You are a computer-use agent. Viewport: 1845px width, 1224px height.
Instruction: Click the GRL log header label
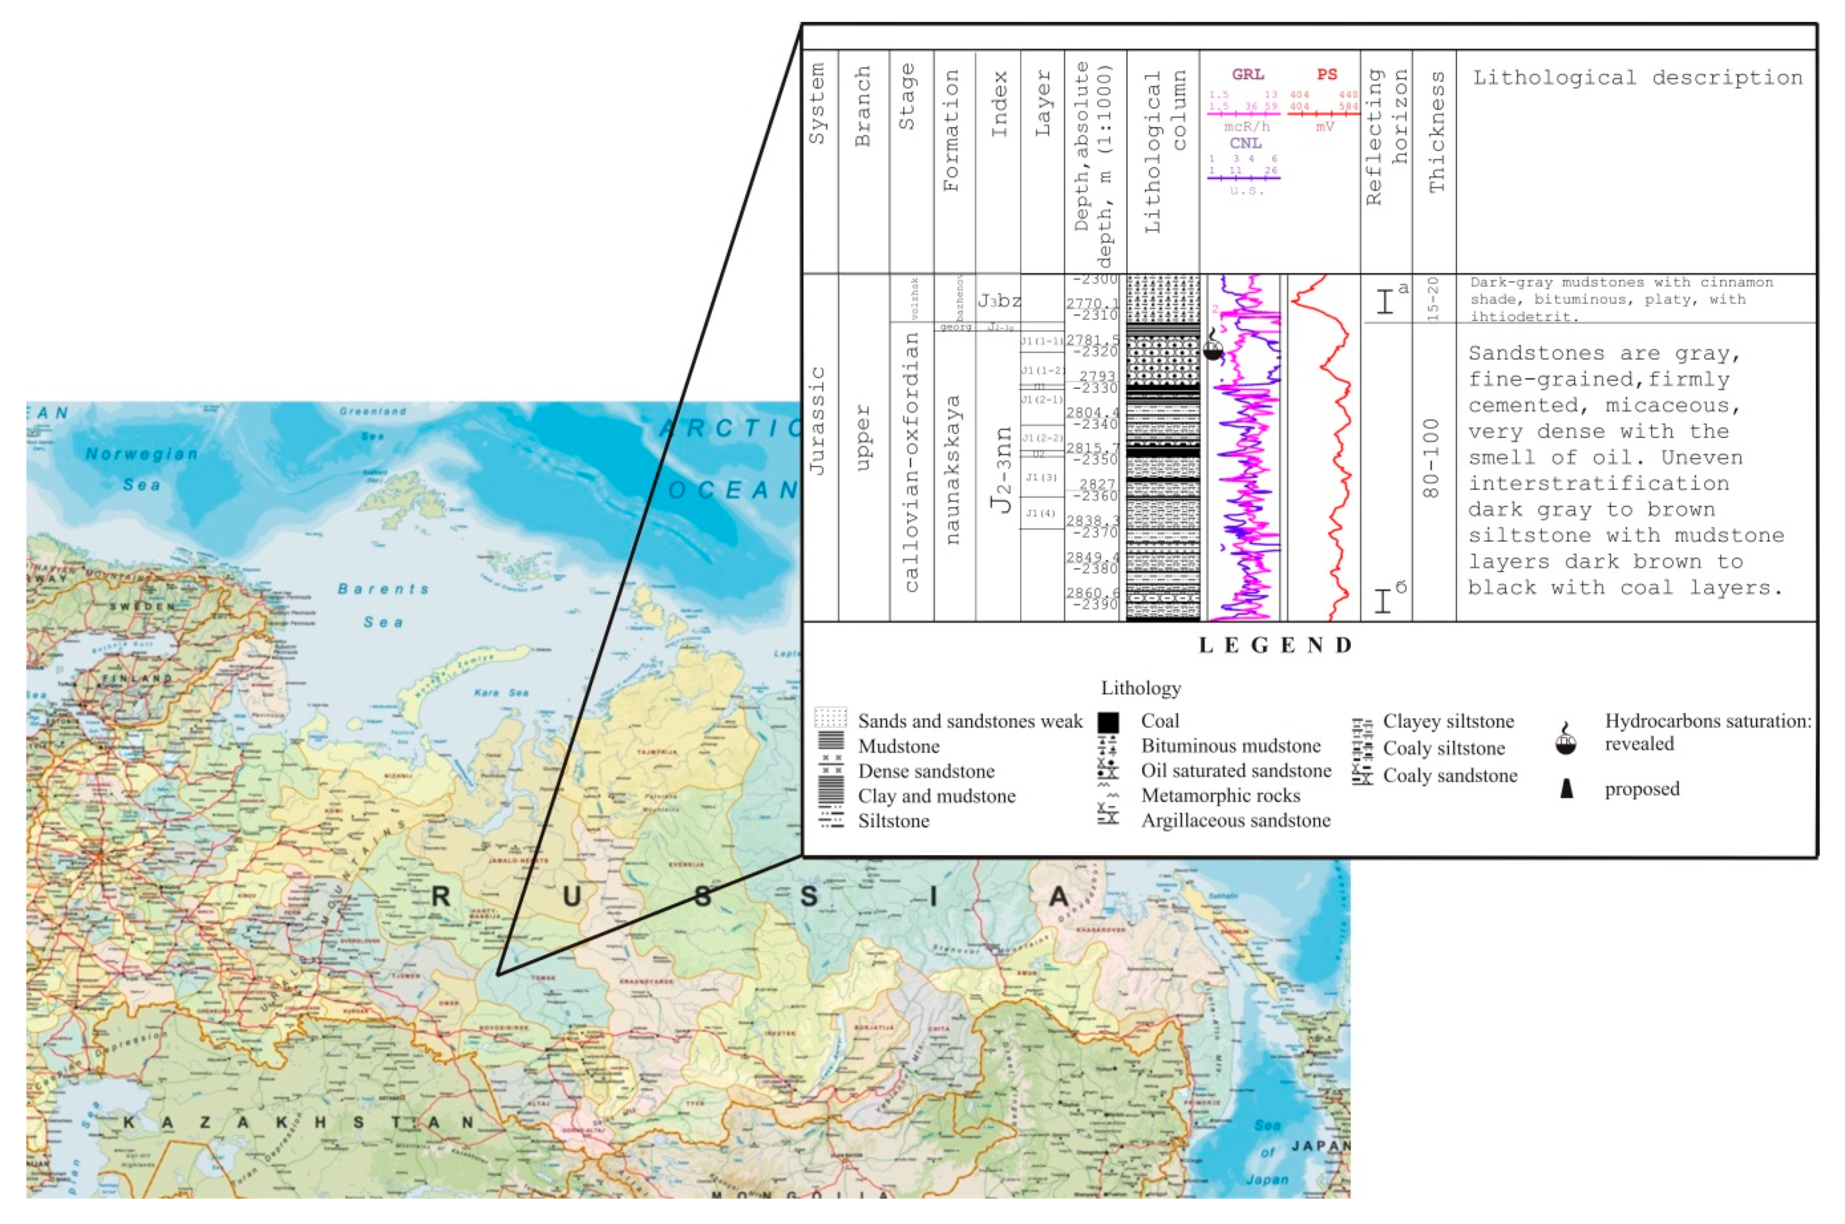[x=1247, y=74]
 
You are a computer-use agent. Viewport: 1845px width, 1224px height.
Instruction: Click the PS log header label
[x=1327, y=74]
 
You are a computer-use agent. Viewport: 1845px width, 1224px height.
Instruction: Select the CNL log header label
[x=1246, y=143]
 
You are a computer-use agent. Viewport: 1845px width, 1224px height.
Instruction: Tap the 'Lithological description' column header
[x=1637, y=77]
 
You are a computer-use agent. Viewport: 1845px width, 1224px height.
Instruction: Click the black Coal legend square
[x=1108, y=722]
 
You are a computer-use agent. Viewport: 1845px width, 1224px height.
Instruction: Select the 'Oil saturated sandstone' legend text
[x=1235, y=771]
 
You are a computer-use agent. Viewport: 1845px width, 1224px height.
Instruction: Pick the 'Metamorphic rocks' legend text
[x=1220, y=796]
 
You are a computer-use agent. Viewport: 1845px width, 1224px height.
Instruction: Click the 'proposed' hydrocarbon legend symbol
[x=1566, y=789]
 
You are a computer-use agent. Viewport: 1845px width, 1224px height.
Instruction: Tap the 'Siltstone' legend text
[x=893, y=820]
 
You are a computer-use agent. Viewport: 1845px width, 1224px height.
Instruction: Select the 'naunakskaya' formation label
[x=951, y=468]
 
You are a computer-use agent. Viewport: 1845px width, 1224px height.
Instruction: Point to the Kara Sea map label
[x=501, y=692]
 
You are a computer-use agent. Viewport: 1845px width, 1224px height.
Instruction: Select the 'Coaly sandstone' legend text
[x=1449, y=775]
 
